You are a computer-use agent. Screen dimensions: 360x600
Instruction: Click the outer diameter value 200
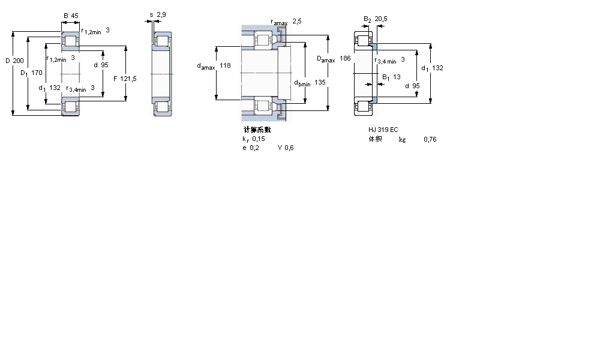coord(19,61)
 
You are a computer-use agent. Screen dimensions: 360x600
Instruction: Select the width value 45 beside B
coord(76,16)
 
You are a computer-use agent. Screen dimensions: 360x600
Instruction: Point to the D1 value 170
coord(36,73)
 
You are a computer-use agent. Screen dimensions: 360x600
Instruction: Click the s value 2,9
coord(162,14)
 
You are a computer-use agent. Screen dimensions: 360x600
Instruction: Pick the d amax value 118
coord(225,66)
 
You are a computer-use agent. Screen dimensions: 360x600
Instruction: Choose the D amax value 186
coord(345,59)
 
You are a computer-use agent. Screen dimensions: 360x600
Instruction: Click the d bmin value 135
coord(320,82)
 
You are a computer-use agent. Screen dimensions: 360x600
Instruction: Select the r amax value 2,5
coord(296,21)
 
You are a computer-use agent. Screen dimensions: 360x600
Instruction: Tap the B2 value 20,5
coord(381,19)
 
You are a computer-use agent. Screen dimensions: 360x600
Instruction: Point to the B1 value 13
coord(397,77)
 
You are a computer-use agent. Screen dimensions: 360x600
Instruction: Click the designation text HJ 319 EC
coord(383,130)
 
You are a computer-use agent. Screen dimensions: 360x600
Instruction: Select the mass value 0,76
coord(430,139)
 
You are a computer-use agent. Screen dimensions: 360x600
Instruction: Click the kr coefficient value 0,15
coord(258,139)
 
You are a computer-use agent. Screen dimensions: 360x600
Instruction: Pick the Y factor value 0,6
coord(289,148)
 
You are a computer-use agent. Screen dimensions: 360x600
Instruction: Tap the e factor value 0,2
coord(254,148)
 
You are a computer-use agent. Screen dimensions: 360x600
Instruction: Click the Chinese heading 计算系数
coord(256,130)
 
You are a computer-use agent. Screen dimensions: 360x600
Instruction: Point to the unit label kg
coord(402,140)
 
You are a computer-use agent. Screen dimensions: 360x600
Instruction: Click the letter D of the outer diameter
coord(7,61)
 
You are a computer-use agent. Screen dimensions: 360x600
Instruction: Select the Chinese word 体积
coord(375,139)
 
